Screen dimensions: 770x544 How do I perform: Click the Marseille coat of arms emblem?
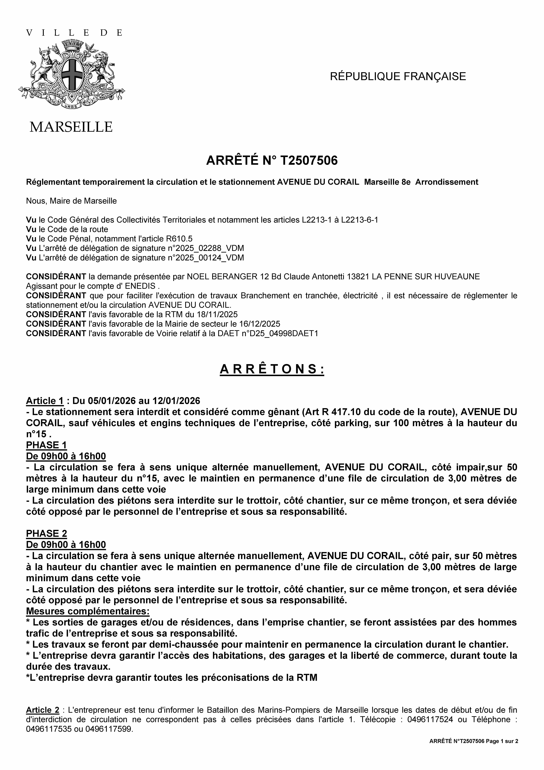point(71,74)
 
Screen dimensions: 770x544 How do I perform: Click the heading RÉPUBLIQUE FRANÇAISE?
point(398,76)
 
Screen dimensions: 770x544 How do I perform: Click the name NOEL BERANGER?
point(222,277)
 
